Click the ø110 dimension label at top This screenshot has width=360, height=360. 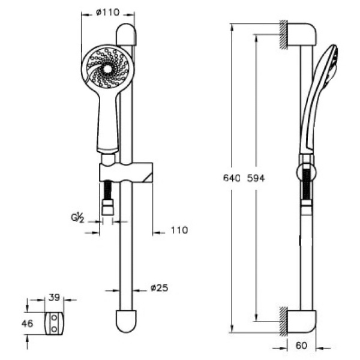108,13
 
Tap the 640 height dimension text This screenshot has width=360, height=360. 232,178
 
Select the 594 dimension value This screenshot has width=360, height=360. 256,178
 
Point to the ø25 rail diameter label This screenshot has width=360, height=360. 160,287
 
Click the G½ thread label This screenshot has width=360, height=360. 77,217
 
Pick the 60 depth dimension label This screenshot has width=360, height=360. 301,346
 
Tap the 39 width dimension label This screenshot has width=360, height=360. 55,298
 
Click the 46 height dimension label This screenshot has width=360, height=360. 28,324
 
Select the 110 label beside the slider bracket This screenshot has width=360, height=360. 179,230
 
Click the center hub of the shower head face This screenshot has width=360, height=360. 107,69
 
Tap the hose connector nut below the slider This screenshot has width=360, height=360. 107,207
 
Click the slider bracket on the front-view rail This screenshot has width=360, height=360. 126,172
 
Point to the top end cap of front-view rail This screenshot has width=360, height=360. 126,35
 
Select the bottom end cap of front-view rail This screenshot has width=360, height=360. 126,321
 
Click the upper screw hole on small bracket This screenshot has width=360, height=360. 54,318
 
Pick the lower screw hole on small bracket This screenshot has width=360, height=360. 54,329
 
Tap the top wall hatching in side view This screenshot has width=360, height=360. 284,34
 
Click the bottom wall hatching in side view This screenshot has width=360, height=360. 284,321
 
